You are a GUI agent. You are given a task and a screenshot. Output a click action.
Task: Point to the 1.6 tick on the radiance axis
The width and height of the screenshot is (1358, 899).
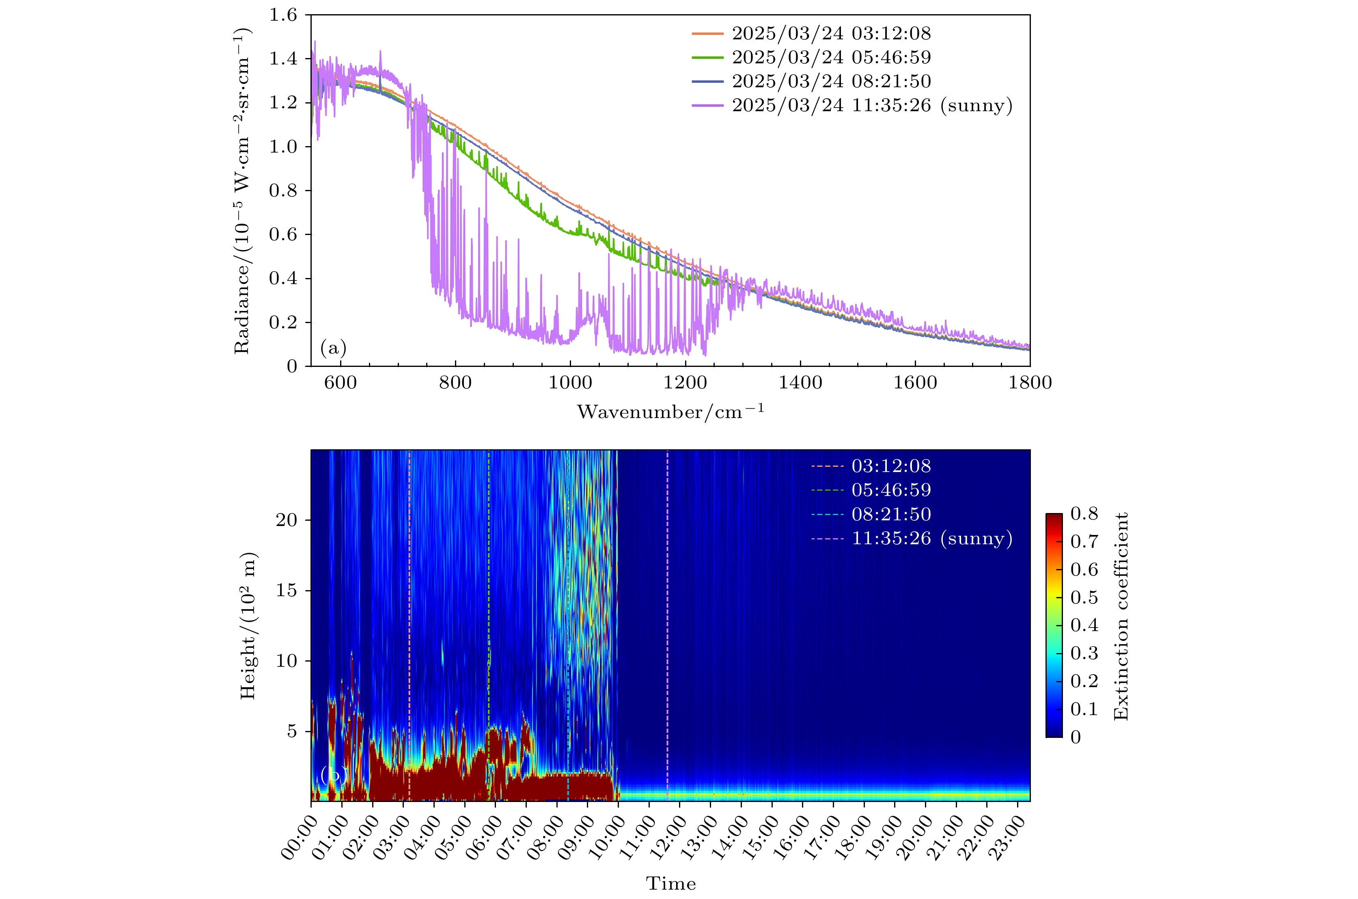[x=283, y=15]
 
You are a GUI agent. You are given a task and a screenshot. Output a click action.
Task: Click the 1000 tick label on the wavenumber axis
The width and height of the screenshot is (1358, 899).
[x=570, y=382]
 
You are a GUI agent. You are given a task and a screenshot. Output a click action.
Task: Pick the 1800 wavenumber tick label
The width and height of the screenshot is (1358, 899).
[x=1030, y=382]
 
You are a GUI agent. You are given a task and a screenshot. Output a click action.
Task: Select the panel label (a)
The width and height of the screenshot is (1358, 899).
[x=333, y=347]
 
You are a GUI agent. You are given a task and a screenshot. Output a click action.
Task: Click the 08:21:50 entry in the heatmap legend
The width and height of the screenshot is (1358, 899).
[x=891, y=514]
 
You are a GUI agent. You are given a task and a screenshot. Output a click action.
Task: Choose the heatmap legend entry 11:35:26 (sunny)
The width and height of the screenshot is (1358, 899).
[x=931, y=538]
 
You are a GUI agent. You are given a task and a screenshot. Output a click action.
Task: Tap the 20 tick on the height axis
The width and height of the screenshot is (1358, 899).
[x=286, y=520]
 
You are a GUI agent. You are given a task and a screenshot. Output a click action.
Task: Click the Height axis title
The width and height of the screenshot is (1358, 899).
[x=248, y=625]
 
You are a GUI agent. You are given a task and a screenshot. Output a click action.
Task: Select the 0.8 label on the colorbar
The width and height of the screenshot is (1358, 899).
[x=1084, y=514]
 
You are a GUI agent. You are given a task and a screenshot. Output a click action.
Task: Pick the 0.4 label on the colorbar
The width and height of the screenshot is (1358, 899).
[x=1084, y=625]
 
